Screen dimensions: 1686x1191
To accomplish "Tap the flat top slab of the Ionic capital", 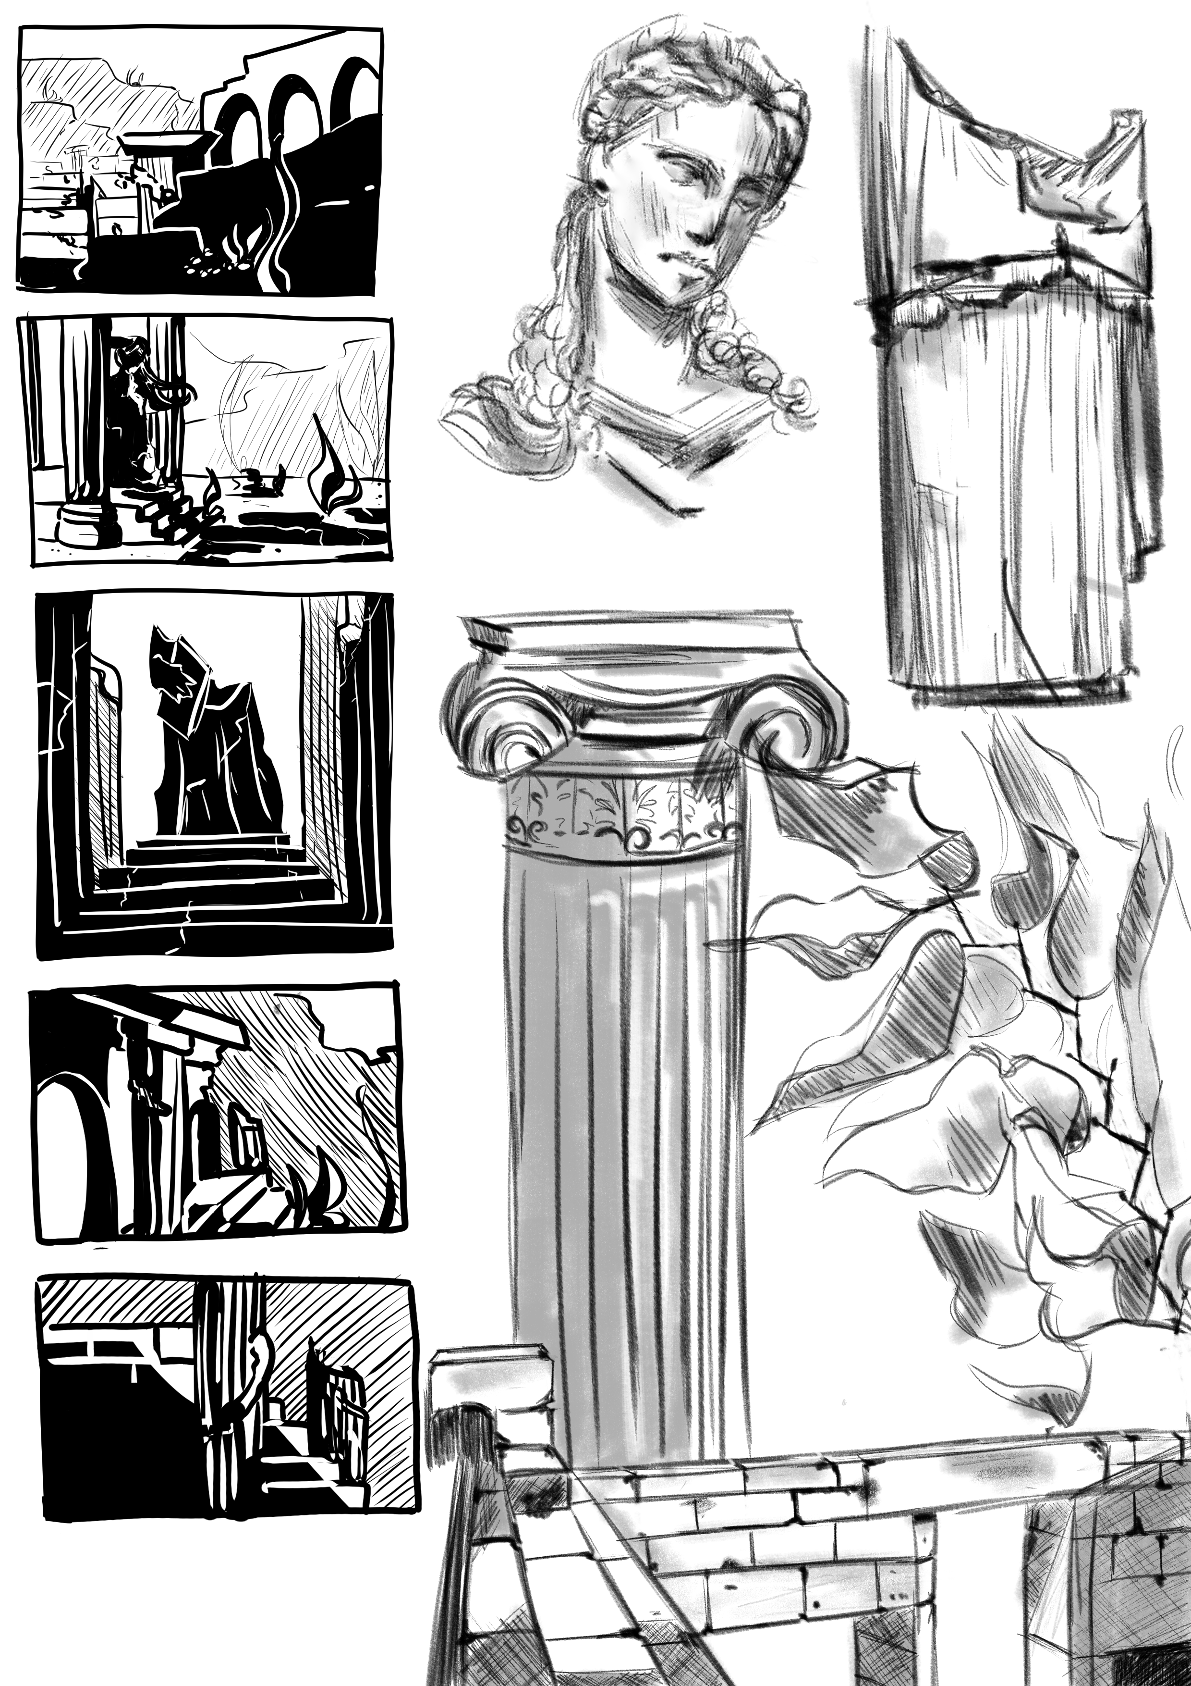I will pyautogui.click(x=631, y=633).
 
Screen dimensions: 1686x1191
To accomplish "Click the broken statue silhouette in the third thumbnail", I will pyautogui.click(x=209, y=742).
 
